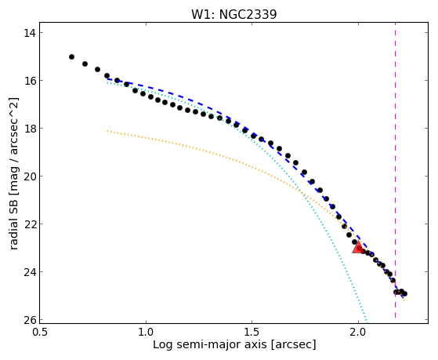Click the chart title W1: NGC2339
tap(233, 14)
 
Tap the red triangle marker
tap(358, 247)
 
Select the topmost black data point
tap(71, 56)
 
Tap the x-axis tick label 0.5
tap(40, 332)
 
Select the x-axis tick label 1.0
tap(146, 332)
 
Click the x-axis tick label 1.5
tap(252, 332)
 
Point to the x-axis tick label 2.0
tap(358, 332)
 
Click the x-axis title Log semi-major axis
tap(209, 344)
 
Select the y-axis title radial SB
tap(13, 223)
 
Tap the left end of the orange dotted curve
tap(107, 131)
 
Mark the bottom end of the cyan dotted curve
tap(367, 321)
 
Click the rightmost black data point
tap(404, 293)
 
